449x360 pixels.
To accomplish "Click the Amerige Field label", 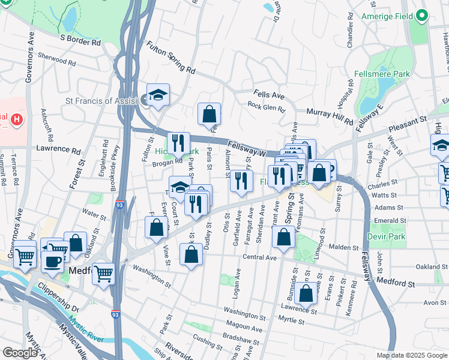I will [388, 16].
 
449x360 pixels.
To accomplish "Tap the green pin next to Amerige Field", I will [423, 16].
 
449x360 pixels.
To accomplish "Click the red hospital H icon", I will [17, 119].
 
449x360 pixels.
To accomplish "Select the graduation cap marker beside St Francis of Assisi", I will [158, 95].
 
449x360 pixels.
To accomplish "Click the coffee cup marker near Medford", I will [52, 262].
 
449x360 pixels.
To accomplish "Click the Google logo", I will [20, 353].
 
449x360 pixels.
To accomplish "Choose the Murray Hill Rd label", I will [330, 116].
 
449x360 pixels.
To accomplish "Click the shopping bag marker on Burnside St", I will [306, 293].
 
